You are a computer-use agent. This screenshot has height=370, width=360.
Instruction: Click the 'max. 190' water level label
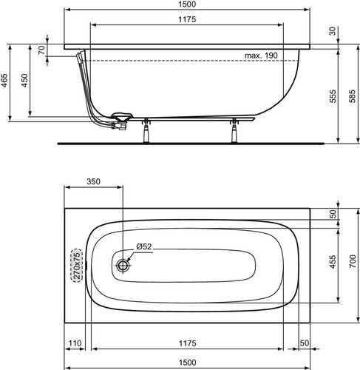[x=261, y=55]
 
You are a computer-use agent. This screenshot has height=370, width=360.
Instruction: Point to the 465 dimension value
[x=4, y=80]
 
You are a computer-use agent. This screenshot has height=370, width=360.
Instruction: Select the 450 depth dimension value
[x=24, y=80]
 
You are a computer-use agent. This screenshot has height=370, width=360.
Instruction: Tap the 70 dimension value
[x=42, y=50]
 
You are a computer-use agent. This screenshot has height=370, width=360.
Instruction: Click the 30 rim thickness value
[x=333, y=31]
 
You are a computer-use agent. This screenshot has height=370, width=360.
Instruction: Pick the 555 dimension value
[x=333, y=96]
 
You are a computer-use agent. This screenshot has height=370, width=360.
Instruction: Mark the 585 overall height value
[x=353, y=96]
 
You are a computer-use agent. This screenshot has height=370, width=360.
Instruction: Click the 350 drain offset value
[x=93, y=181]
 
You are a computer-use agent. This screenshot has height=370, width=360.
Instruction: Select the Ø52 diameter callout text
[x=144, y=246]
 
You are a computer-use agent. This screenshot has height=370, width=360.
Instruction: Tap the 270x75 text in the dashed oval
[x=77, y=266]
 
